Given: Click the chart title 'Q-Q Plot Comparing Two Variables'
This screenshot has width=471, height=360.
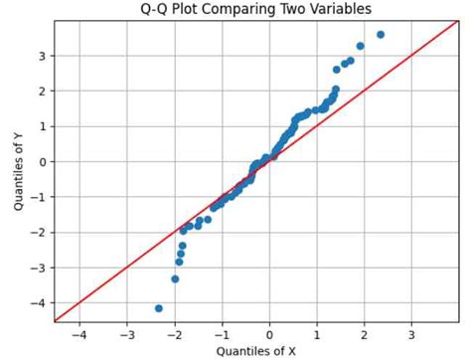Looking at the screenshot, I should click(x=256, y=9).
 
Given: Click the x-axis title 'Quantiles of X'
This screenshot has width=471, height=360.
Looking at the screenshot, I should click(x=256, y=350).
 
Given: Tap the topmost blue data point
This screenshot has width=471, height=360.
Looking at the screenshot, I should click(x=381, y=35).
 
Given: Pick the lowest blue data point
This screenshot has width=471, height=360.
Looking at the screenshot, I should click(x=159, y=308).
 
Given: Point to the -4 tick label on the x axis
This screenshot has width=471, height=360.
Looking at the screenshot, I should click(x=78, y=335).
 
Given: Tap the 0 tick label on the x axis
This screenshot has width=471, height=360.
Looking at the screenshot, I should click(x=269, y=335).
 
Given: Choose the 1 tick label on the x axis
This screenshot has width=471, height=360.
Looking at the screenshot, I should click(x=317, y=335).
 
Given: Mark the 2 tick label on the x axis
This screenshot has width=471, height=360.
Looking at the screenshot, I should click(x=364, y=335).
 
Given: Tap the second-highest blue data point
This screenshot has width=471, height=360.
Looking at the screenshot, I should click(x=360, y=46).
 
